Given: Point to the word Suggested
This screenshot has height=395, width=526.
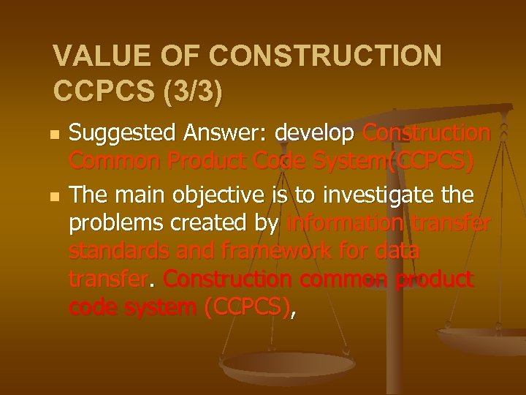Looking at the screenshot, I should (x=121, y=134).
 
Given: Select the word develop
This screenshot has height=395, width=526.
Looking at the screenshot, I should (x=315, y=134).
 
